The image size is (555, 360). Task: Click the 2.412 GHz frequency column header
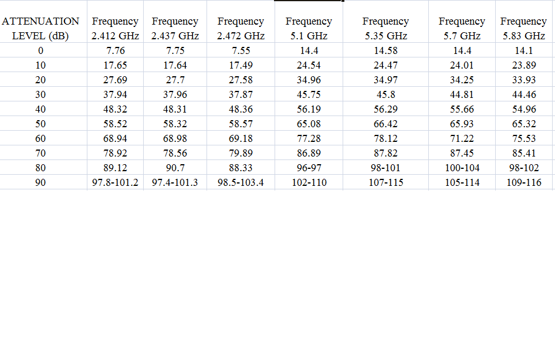click(115, 28)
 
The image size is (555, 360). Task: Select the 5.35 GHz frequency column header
click(385, 28)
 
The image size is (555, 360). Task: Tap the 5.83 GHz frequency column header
click(523, 28)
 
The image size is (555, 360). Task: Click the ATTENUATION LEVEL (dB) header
click(40, 28)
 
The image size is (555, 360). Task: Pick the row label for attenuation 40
click(40, 109)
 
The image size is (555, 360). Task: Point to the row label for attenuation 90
click(40, 182)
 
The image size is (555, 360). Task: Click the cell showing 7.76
click(115, 50)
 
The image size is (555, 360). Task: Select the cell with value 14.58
click(385, 50)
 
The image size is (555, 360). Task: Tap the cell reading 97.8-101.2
click(115, 182)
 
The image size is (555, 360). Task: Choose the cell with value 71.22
click(462, 138)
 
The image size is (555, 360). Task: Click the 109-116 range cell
click(523, 182)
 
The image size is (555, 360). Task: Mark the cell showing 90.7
click(175, 168)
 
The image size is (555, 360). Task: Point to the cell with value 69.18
click(241, 138)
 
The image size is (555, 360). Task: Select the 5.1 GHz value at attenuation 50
click(309, 124)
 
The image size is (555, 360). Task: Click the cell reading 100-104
click(462, 168)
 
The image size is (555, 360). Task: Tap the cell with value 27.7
click(175, 80)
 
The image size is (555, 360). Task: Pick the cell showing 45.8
click(385, 94)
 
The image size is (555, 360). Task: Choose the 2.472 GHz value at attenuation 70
click(241, 153)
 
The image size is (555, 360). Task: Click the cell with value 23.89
click(523, 65)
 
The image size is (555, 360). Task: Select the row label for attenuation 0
click(40, 50)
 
